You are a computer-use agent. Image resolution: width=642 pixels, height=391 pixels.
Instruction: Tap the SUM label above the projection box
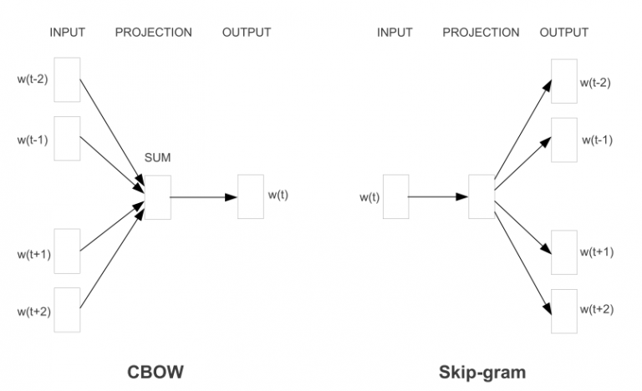[x=157, y=157]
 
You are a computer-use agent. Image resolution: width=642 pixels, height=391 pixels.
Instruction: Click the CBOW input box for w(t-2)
[x=67, y=79]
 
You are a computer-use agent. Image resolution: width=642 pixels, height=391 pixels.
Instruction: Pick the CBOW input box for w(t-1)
[x=67, y=138]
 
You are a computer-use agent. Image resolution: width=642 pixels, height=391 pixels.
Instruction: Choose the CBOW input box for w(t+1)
[x=67, y=251]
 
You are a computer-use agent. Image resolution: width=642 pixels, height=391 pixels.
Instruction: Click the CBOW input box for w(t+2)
[x=67, y=310]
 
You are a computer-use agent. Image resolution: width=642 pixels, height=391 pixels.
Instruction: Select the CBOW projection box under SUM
[x=158, y=196]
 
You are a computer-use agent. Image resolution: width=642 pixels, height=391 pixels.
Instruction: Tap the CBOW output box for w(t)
[x=251, y=196]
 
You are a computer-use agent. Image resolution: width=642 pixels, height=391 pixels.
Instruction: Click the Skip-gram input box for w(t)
[x=395, y=196]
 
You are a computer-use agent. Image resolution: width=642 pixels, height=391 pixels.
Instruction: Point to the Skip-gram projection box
[x=481, y=196]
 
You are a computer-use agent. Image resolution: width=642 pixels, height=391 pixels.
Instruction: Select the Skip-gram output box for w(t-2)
[x=564, y=81]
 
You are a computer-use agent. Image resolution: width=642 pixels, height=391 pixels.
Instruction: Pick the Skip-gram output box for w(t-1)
[x=564, y=140]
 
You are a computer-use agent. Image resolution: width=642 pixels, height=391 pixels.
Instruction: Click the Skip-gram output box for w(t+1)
[x=564, y=251]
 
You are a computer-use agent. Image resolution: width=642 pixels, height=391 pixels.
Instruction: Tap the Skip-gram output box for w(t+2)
[x=564, y=310]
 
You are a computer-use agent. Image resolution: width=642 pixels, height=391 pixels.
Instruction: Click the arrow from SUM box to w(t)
[x=203, y=197]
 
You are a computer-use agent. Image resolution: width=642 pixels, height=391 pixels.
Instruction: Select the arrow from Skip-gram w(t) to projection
[x=438, y=197]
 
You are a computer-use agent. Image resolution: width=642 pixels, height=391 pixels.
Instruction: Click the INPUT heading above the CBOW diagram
[x=68, y=33]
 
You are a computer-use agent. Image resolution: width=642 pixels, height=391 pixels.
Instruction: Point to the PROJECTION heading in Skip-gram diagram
[x=481, y=33]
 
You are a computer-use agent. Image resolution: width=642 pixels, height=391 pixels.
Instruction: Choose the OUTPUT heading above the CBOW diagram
[x=246, y=33]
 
